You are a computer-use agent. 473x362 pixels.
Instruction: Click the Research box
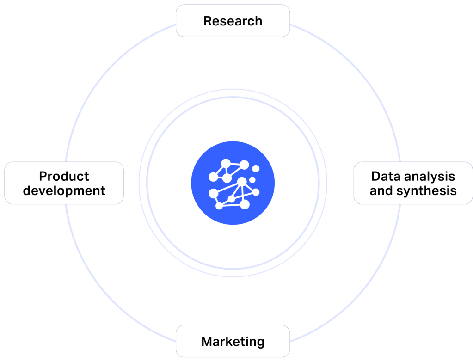pyautogui.click(x=233, y=20)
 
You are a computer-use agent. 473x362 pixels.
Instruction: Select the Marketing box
pyautogui.click(x=233, y=341)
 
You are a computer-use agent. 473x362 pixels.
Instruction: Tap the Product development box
pyautogui.click(x=64, y=183)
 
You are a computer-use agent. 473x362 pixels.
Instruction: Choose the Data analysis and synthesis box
pyautogui.click(x=413, y=183)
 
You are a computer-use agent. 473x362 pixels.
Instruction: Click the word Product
pyautogui.click(x=64, y=176)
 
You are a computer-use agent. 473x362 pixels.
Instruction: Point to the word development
pyautogui.click(x=64, y=190)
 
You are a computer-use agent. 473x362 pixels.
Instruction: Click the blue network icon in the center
pyautogui.click(x=233, y=183)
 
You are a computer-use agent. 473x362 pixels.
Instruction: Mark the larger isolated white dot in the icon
pyautogui.click(x=256, y=169)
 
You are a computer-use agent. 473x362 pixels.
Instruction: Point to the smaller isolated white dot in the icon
pyautogui.click(x=252, y=180)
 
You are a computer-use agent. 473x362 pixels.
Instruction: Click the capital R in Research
pyautogui.click(x=208, y=21)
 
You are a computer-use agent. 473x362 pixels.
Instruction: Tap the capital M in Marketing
pyautogui.click(x=207, y=342)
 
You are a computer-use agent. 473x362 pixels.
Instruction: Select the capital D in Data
pyautogui.click(x=376, y=176)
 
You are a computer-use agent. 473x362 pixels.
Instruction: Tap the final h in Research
pyautogui.click(x=258, y=21)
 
